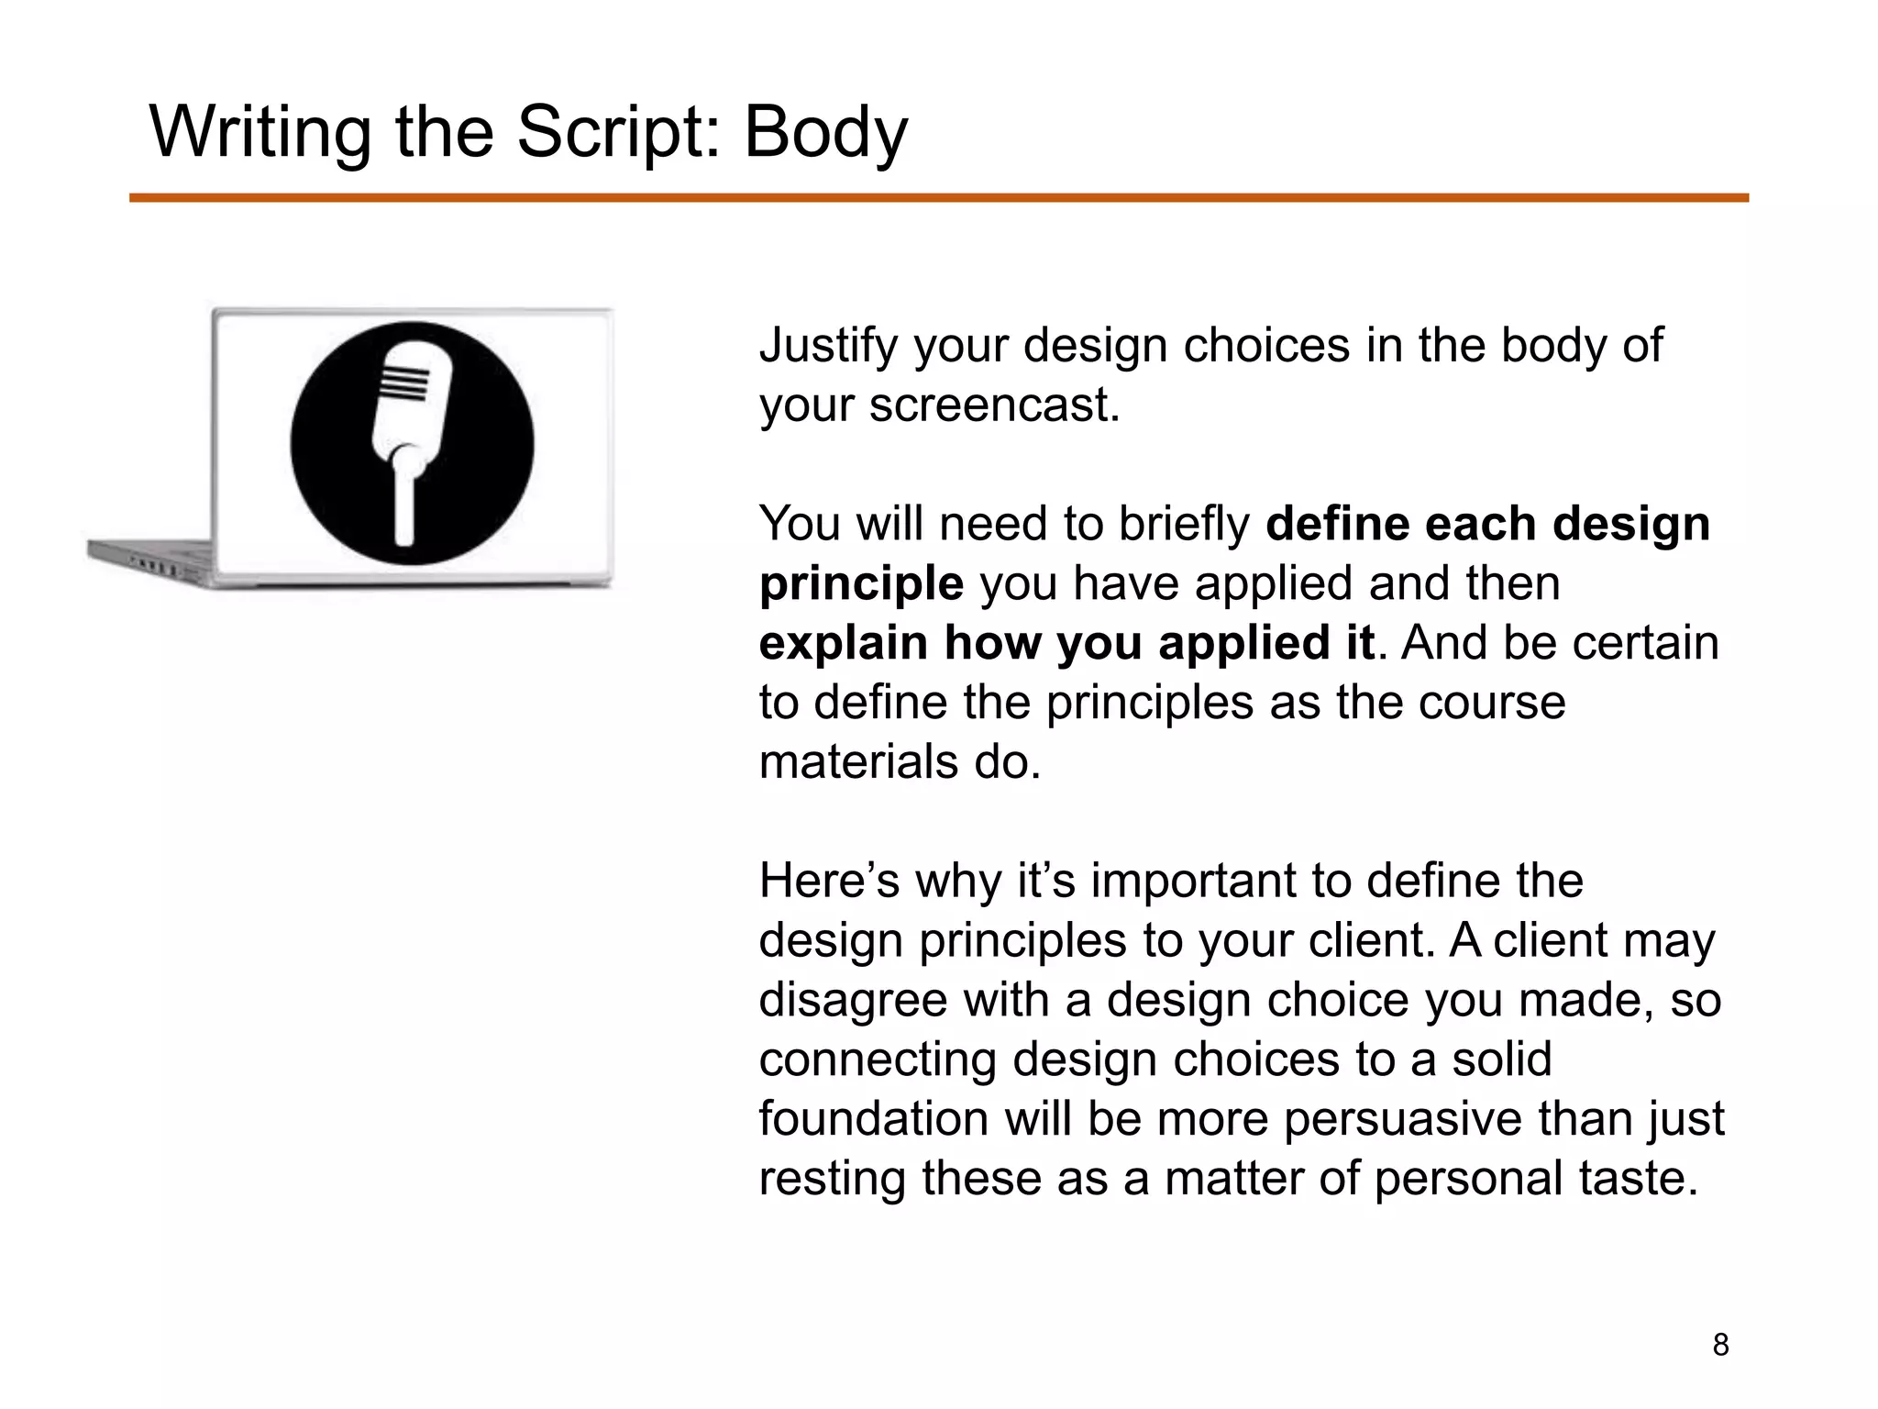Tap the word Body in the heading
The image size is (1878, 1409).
pyautogui.click(x=825, y=133)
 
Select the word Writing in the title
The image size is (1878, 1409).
pyautogui.click(x=260, y=133)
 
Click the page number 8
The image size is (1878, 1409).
pyautogui.click(x=1720, y=1345)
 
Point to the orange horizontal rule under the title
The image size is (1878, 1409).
pyautogui.click(x=938, y=198)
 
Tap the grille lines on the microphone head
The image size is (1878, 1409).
pyautogui.click(x=403, y=383)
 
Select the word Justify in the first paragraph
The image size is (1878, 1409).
pyautogui.click(x=828, y=347)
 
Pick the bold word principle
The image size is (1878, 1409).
pyautogui.click(x=861, y=583)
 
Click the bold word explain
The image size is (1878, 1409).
pyautogui.click(x=845, y=643)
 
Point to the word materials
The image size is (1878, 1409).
pyautogui.click(x=857, y=762)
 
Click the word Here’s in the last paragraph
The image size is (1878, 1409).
pyautogui.click(x=829, y=881)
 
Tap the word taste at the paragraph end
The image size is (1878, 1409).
pyautogui.click(x=1633, y=1179)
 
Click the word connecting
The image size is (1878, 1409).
pyautogui.click(x=878, y=1060)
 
